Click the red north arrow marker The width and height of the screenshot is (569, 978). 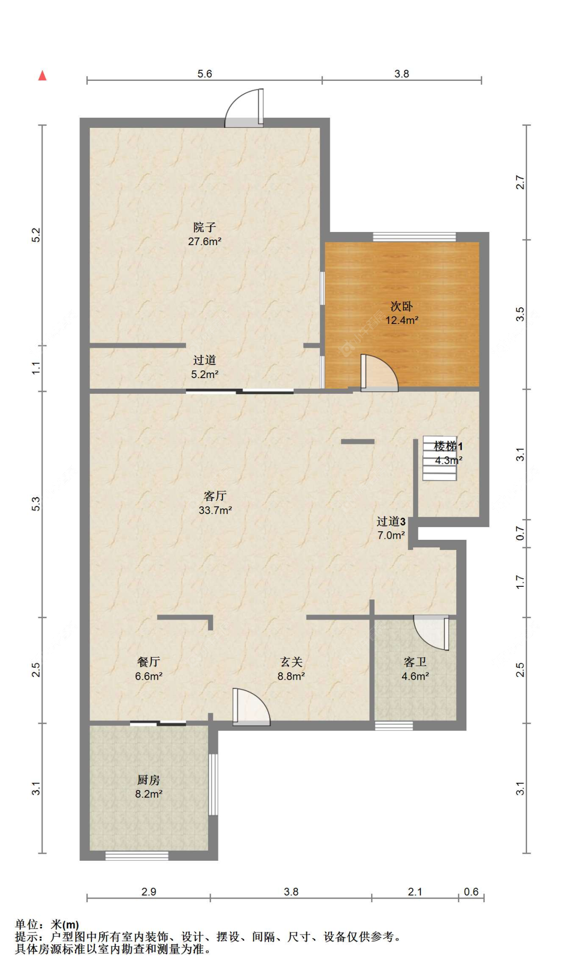click(42, 75)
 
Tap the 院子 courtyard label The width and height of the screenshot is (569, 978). click(204, 227)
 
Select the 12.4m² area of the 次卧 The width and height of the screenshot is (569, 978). click(402, 320)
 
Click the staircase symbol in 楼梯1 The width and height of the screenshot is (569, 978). click(440, 457)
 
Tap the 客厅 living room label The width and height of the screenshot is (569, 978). click(215, 496)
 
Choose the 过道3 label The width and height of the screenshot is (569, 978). click(391, 521)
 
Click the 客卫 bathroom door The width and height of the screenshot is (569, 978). click(431, 632)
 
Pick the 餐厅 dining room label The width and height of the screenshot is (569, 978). click(149, 662)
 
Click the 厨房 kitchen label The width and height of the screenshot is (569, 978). click(149, 780)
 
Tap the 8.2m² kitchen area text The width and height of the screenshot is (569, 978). click(149, 794)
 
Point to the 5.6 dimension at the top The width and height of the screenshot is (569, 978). click(204, 74)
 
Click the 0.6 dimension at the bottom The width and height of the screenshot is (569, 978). click(471, 892)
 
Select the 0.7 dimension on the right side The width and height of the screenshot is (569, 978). click(520, 533)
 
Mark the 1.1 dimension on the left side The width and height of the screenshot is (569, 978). click(35, 368)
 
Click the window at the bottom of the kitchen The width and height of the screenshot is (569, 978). click(137, 855)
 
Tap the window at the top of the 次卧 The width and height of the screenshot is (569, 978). click(414, 237)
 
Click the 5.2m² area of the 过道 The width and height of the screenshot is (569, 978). click(204, 375)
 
